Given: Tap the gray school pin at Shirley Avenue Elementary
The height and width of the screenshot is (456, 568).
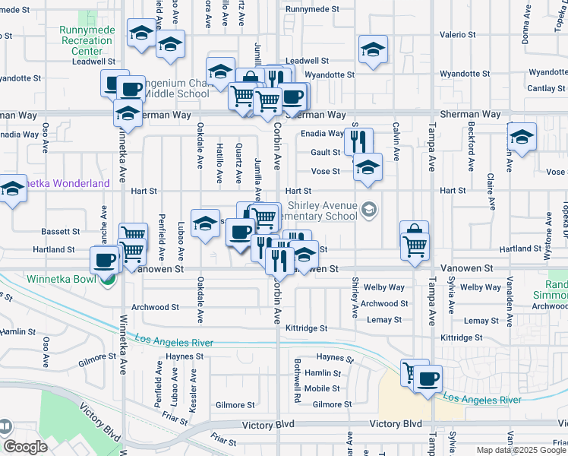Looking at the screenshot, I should tap(369, 210).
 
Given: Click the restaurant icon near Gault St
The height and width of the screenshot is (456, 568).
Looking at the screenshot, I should tap(358, 140).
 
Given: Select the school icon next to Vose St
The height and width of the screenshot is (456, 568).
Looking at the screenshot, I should tap(368, 166).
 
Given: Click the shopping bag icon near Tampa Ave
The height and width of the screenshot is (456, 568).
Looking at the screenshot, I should tap(414, 233).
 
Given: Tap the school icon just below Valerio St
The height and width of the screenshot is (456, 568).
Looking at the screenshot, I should tap(372, 50).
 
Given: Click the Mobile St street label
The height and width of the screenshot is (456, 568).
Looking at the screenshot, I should tap(322, 388).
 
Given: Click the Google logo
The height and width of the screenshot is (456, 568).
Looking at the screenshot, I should tap(24, 447).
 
